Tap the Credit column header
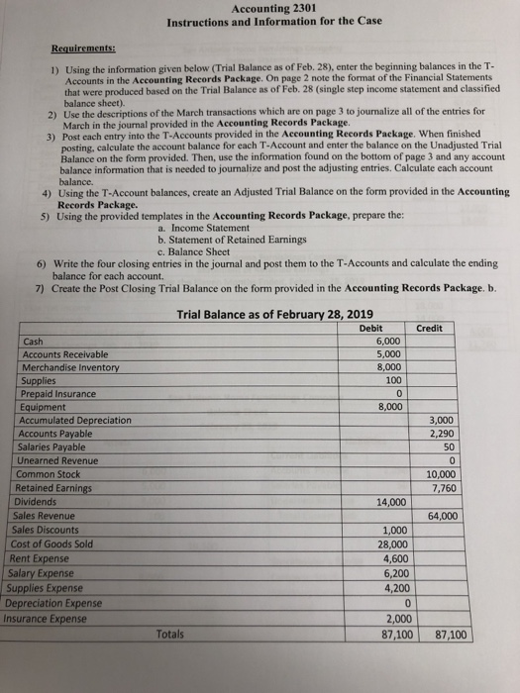tap(430, 328)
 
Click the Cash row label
tap(34, 342)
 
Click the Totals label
tap(168, 635)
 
